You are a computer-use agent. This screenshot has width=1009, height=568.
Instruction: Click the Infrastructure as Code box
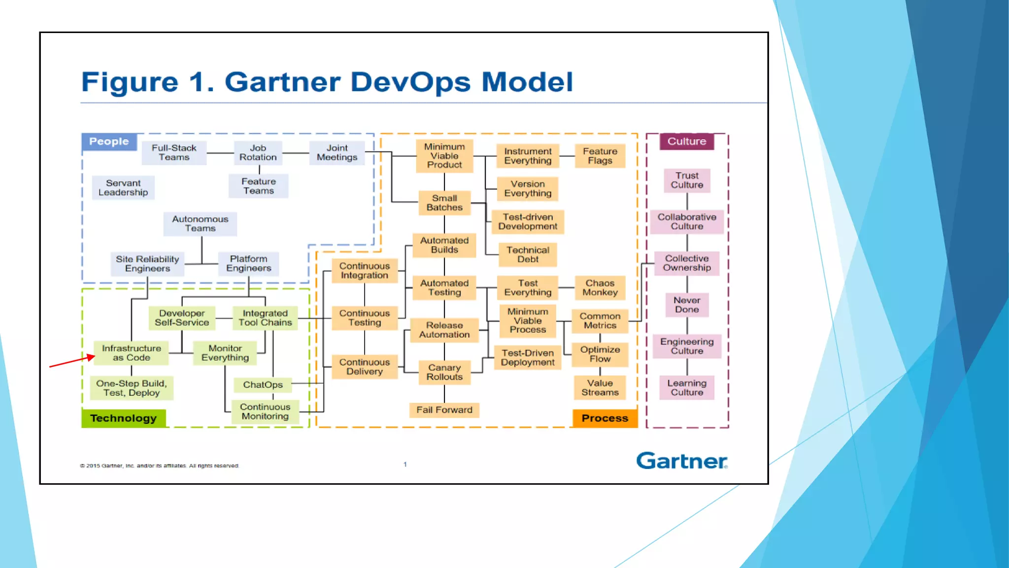pos(131,353)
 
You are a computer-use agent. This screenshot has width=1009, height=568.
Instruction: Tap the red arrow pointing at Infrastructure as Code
pos(72,361)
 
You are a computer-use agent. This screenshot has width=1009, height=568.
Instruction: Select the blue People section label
pos(109,142)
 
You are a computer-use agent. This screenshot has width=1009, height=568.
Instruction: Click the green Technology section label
pos(123,418)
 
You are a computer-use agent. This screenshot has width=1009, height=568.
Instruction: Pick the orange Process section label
pos(605,418)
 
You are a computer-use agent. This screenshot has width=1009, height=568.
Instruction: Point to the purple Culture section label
pos(686,142)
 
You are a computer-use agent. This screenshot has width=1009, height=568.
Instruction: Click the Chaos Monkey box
pos(600,288)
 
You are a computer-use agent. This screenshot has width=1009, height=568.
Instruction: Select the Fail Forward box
pos(444,410)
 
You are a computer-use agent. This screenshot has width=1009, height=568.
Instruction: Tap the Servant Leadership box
pos(123,188)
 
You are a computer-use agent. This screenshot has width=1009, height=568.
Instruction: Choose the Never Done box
pos(687,305)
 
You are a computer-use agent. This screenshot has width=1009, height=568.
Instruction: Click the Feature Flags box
pos(600,156)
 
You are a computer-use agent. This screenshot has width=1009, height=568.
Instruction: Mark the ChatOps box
pos(263,385)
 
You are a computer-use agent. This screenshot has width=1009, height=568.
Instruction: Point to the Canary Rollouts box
pos(444,372)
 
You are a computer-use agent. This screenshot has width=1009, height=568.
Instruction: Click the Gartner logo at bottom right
pos(681,461)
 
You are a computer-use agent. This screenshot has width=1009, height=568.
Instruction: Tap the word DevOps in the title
pos(410,82)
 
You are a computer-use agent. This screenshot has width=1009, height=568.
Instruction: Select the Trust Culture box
pos(687,180)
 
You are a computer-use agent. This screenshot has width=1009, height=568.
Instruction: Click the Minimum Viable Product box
pos(444,156)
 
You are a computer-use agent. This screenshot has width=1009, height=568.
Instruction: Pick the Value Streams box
pos(600,388)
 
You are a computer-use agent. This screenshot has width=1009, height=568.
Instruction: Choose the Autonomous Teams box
pos(200,224)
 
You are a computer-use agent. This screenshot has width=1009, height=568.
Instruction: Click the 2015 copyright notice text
pos(159,465)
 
